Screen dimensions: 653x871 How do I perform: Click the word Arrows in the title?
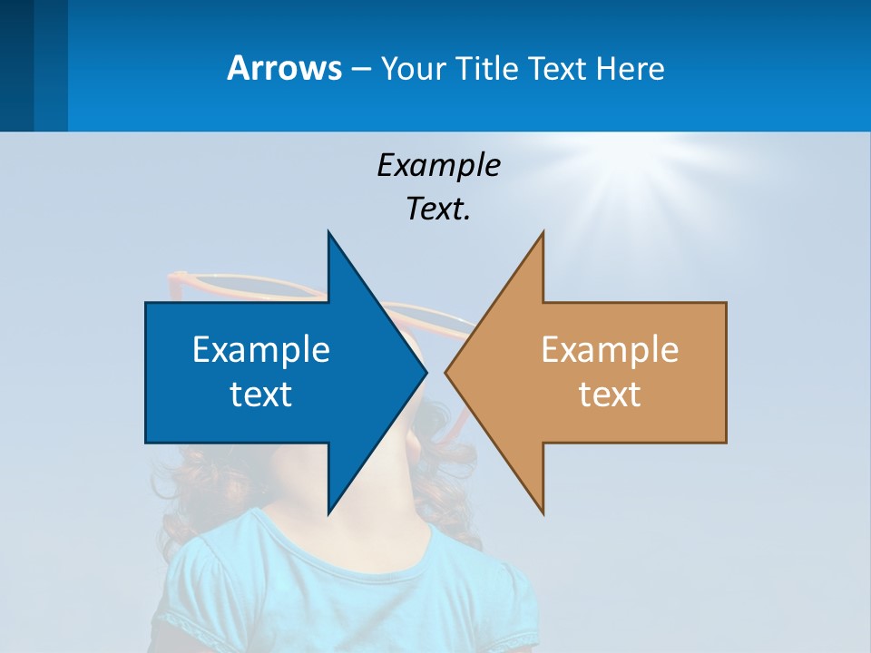(285, 68)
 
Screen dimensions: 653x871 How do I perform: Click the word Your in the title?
(413, 69)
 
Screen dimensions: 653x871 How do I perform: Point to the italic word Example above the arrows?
(438, 165)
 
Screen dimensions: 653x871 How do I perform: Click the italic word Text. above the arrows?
(438, 209)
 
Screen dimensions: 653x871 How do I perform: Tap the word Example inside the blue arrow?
(261, 349)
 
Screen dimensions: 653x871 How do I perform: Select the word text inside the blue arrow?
(261, 394)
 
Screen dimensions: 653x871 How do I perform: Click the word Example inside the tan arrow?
(610, 349)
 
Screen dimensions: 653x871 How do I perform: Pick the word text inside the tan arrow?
(610, 394)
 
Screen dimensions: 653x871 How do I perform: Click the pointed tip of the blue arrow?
(425, 372)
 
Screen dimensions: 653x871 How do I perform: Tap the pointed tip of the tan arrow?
(447, 372)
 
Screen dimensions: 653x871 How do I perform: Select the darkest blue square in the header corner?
(16, 65)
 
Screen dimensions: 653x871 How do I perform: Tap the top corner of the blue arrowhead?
(328, 234)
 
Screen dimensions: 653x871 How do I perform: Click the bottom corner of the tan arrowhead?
(543, 512)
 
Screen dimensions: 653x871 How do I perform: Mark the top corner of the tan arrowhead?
(543, 234)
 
